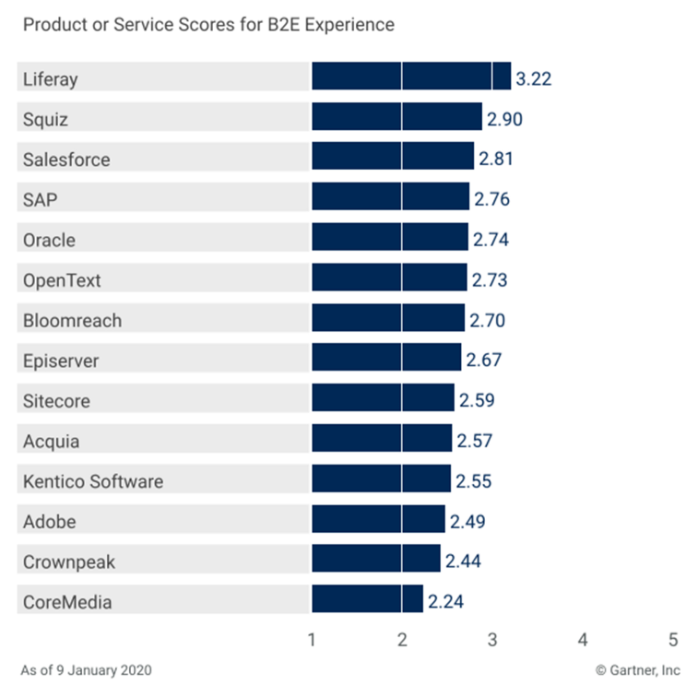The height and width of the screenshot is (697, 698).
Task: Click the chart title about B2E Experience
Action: (207, 25)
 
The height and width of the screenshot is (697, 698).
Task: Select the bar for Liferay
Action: (410, 77)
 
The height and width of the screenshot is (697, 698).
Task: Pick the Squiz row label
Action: (45, 119)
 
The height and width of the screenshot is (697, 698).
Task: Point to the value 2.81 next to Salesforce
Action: (495, 159)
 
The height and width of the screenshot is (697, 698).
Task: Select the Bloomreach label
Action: (72, 321)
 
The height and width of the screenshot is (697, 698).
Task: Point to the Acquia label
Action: (51, 441)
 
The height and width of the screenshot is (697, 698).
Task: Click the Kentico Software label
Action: (92, 481)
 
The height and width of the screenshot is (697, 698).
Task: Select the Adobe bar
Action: (378, 519)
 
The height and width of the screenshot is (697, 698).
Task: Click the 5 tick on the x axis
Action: (673, 639)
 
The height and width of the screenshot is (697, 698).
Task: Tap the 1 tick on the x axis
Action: (312, 639)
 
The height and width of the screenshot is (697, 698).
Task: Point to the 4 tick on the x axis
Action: (583, 639)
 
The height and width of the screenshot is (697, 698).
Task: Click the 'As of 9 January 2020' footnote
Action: (87, 669)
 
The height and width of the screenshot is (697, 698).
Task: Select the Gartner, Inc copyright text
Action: (636, 669)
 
